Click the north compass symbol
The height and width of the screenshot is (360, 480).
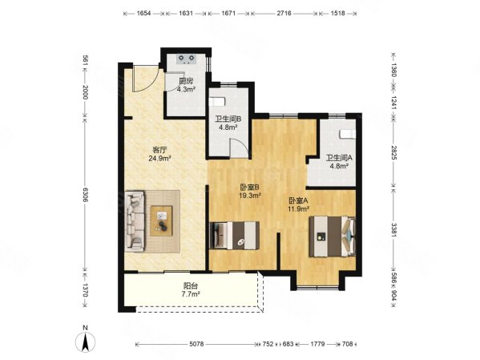(86, 339)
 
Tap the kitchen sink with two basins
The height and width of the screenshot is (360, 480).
(187, 59)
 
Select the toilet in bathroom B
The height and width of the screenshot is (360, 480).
(217, 101)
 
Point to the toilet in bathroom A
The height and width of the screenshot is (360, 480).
(348, 134)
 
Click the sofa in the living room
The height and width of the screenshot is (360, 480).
(135, 221)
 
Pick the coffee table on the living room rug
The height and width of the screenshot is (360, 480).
(161, 221)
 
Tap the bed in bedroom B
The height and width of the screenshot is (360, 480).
(235, 235)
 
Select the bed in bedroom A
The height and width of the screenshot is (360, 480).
(332, 237)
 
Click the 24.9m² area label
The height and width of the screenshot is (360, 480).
(159, 159)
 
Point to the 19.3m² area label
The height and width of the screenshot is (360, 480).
(250, 195)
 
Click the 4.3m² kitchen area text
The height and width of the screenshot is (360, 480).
(186, 90)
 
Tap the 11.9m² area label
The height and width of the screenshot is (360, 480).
(298, 209)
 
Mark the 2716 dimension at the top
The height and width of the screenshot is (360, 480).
(284, 14)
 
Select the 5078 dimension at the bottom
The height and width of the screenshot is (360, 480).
(196, 344)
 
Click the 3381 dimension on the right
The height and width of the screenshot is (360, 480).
(393, 230)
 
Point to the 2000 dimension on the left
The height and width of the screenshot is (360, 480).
(85, 92)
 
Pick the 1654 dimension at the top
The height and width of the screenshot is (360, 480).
(143, 14)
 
